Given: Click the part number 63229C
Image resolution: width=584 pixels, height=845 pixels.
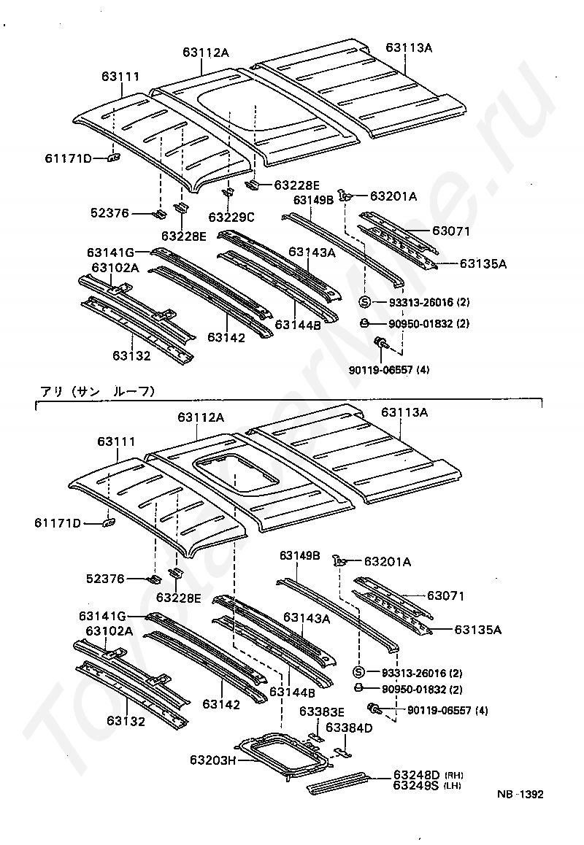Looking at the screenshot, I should [x=231, y=217].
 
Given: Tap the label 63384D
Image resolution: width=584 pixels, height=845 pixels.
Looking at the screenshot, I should [x=349, y=728].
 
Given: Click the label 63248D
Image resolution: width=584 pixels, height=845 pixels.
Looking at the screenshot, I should [x=416, y=774].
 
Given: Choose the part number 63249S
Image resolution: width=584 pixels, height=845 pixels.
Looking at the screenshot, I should [x=416, y=785].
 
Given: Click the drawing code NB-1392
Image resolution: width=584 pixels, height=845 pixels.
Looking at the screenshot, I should [x=521, y=795].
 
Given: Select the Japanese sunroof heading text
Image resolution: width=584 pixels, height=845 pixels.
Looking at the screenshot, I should [x=96, y=391].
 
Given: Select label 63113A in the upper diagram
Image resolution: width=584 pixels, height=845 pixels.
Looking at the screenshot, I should [x=410, y=48].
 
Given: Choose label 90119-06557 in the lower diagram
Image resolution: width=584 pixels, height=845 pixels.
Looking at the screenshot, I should [x=447, y=710].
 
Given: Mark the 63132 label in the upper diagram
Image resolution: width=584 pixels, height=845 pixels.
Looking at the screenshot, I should [x=131, y=356].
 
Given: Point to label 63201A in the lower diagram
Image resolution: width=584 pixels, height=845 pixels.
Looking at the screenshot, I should [x=387, y=561].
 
